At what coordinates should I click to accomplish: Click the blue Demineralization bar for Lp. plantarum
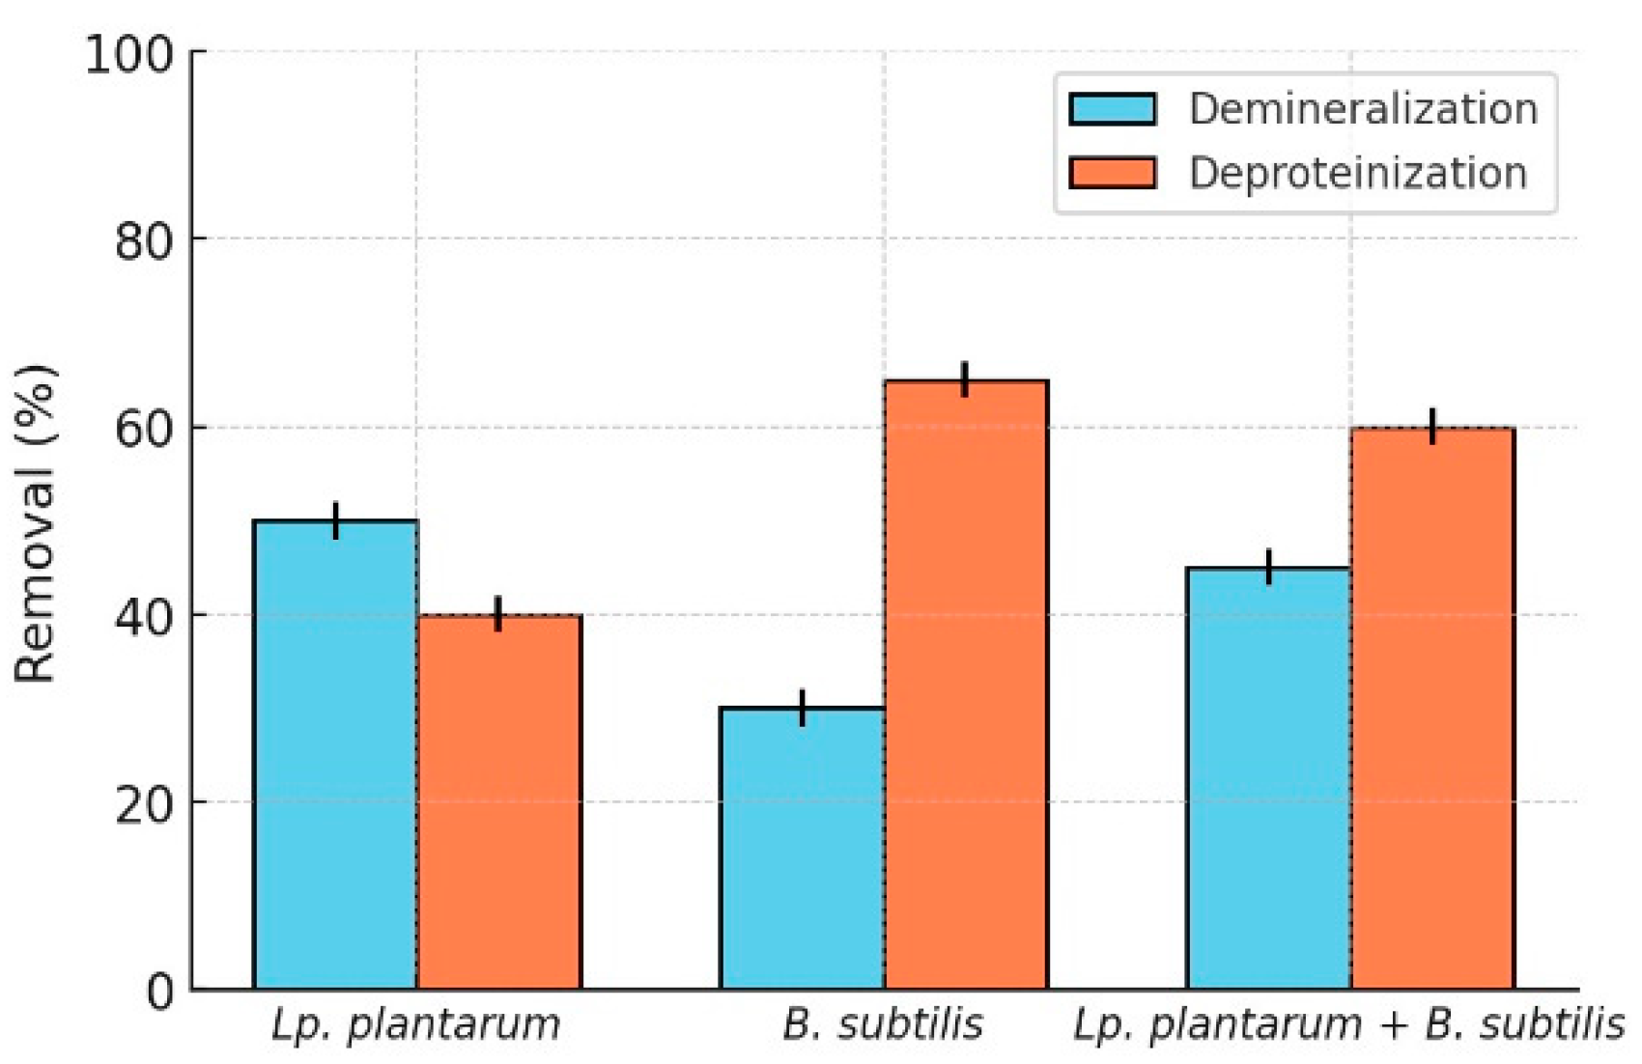pos(335,753)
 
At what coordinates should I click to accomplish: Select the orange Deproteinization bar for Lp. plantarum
pos(498,801)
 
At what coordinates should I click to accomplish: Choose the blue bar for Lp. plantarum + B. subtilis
pos(1269,777)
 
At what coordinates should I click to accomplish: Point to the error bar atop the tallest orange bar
pos(965,378)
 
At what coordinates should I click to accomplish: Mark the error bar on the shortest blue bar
pos(803,707)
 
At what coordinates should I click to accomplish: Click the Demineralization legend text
pos(1363,109)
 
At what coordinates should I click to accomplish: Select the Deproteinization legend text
pos(1357,174)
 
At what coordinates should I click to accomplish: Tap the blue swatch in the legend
pos(1112,109)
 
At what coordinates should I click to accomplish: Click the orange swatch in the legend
pos(1112,174)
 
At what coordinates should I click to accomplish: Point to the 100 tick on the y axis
pos(129,54)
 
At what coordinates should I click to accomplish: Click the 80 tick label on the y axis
pos(145,241)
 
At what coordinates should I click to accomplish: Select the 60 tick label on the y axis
pos(145,429)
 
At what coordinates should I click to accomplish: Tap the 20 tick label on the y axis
pos(145,804)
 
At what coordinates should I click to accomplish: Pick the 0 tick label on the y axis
pos(161,992)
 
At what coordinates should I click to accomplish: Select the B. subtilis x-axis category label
pos(883,1024)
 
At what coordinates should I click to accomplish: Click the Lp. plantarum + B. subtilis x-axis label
pos(1349,1024)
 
